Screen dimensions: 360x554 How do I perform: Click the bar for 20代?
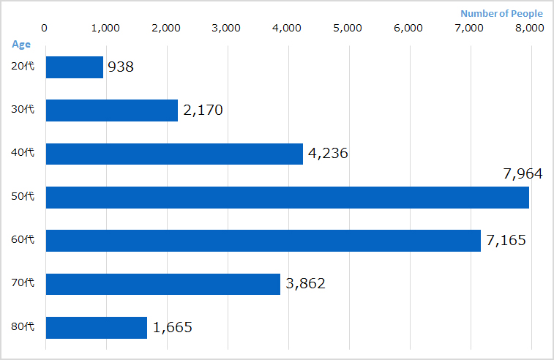(x=75, y=67)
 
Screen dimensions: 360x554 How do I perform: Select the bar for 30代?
(x=112, y=110)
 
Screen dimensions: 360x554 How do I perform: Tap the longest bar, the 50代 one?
(x=287, y=198)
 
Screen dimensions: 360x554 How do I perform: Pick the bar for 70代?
(x=163, y=284)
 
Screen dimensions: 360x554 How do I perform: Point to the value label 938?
(x=121, y=67)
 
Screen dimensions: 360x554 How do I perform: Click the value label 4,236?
(x=329, y=154)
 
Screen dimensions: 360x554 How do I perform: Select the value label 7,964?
(x=523, y=174)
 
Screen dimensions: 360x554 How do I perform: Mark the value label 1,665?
(x=173, y=328)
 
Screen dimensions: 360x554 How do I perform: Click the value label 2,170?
(x=203, y=110)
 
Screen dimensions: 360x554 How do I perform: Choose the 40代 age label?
(x=23, y=154)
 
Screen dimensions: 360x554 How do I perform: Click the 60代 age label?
(x=23, y=240)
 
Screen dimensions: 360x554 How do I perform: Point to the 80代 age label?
(x=23, y=327)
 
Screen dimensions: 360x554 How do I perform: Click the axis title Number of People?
(x=501, y=13)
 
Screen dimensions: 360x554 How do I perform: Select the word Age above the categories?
(x=21, y=44)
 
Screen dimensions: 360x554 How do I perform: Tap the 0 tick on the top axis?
(x=45, y=29)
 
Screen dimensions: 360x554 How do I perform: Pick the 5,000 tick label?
(x=348, y=29)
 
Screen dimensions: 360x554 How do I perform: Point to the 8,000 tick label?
(x=529, y=29)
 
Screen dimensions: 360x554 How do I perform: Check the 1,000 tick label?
(x=106, y=29)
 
